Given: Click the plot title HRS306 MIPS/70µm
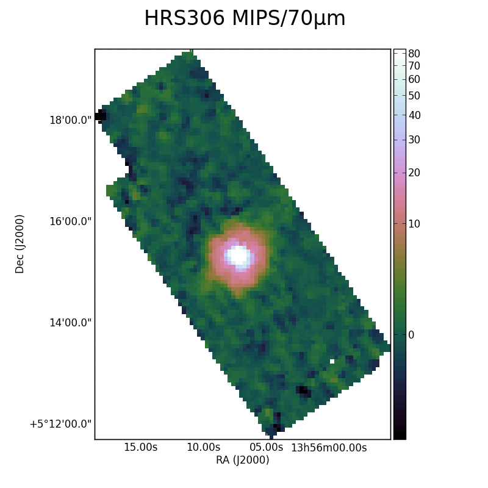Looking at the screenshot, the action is (x=245, y=18).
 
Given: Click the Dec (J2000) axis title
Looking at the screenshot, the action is (x=20, y=244).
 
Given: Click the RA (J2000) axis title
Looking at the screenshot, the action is (x=242, y=460).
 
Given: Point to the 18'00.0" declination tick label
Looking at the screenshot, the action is (x=71, y=120).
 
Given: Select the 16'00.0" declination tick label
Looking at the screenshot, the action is (x=71, y=221).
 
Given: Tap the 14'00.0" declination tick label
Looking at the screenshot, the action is (x=71, y=323).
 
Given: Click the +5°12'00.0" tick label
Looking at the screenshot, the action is (x=60, y=424).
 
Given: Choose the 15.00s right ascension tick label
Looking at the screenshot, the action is (x=141, y=448).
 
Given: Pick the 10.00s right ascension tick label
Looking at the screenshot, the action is (x=203, y=448).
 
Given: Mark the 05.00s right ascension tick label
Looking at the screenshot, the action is (x=266, y=448).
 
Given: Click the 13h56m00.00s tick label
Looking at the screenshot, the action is (x=329, y=448).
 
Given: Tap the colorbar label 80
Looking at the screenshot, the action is (x=414, y=54).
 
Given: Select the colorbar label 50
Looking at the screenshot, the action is (x=414, y=96).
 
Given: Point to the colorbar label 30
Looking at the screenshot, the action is (x=414, y=140).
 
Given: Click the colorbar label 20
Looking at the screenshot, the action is (x=414, y=173).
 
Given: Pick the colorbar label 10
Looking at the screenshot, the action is (x=414, y=224).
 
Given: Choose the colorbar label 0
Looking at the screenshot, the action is (x=411, y=335).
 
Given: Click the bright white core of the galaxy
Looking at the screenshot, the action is (x=239, y=256).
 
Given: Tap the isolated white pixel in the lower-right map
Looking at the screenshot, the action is (x=332, y=361).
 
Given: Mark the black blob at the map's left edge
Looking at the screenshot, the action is (x=101, y=116).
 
